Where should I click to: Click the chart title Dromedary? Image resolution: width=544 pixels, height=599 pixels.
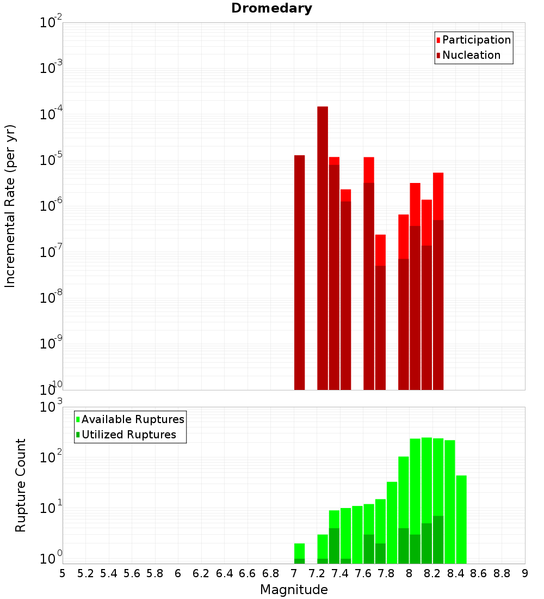pos(271,8)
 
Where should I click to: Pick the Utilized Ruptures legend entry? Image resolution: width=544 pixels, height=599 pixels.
pos(128,435)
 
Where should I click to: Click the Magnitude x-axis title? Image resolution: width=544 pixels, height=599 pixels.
pos(294,590)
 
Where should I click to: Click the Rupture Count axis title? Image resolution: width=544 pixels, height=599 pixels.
pos(21,485)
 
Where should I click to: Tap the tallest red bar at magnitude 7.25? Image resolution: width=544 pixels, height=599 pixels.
pos(323,245)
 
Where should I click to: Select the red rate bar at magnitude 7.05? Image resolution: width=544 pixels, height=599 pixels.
pos(299,272)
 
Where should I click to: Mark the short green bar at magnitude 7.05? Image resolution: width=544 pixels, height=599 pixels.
pos(299,553)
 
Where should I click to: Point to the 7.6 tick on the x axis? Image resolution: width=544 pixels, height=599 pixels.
pos(363,573)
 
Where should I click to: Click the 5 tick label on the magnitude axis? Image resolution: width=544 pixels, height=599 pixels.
pos(63,573)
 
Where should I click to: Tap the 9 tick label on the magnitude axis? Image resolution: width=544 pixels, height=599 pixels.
pos(525,573)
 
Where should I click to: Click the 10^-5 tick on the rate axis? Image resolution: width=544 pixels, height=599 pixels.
pos(51,161)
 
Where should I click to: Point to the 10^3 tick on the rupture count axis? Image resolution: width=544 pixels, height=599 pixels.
pos(51,407)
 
